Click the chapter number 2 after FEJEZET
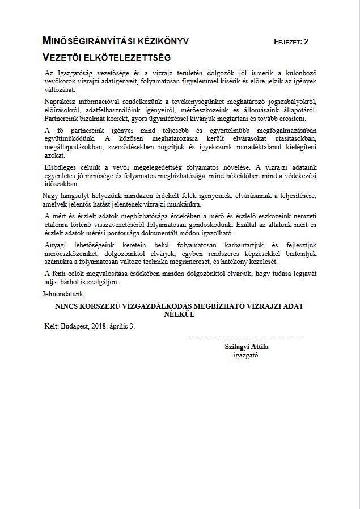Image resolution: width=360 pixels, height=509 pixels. coord(306,42)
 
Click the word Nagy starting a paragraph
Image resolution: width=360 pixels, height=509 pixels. coord(52,196)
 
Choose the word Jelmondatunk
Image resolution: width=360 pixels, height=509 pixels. coord(63,294)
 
